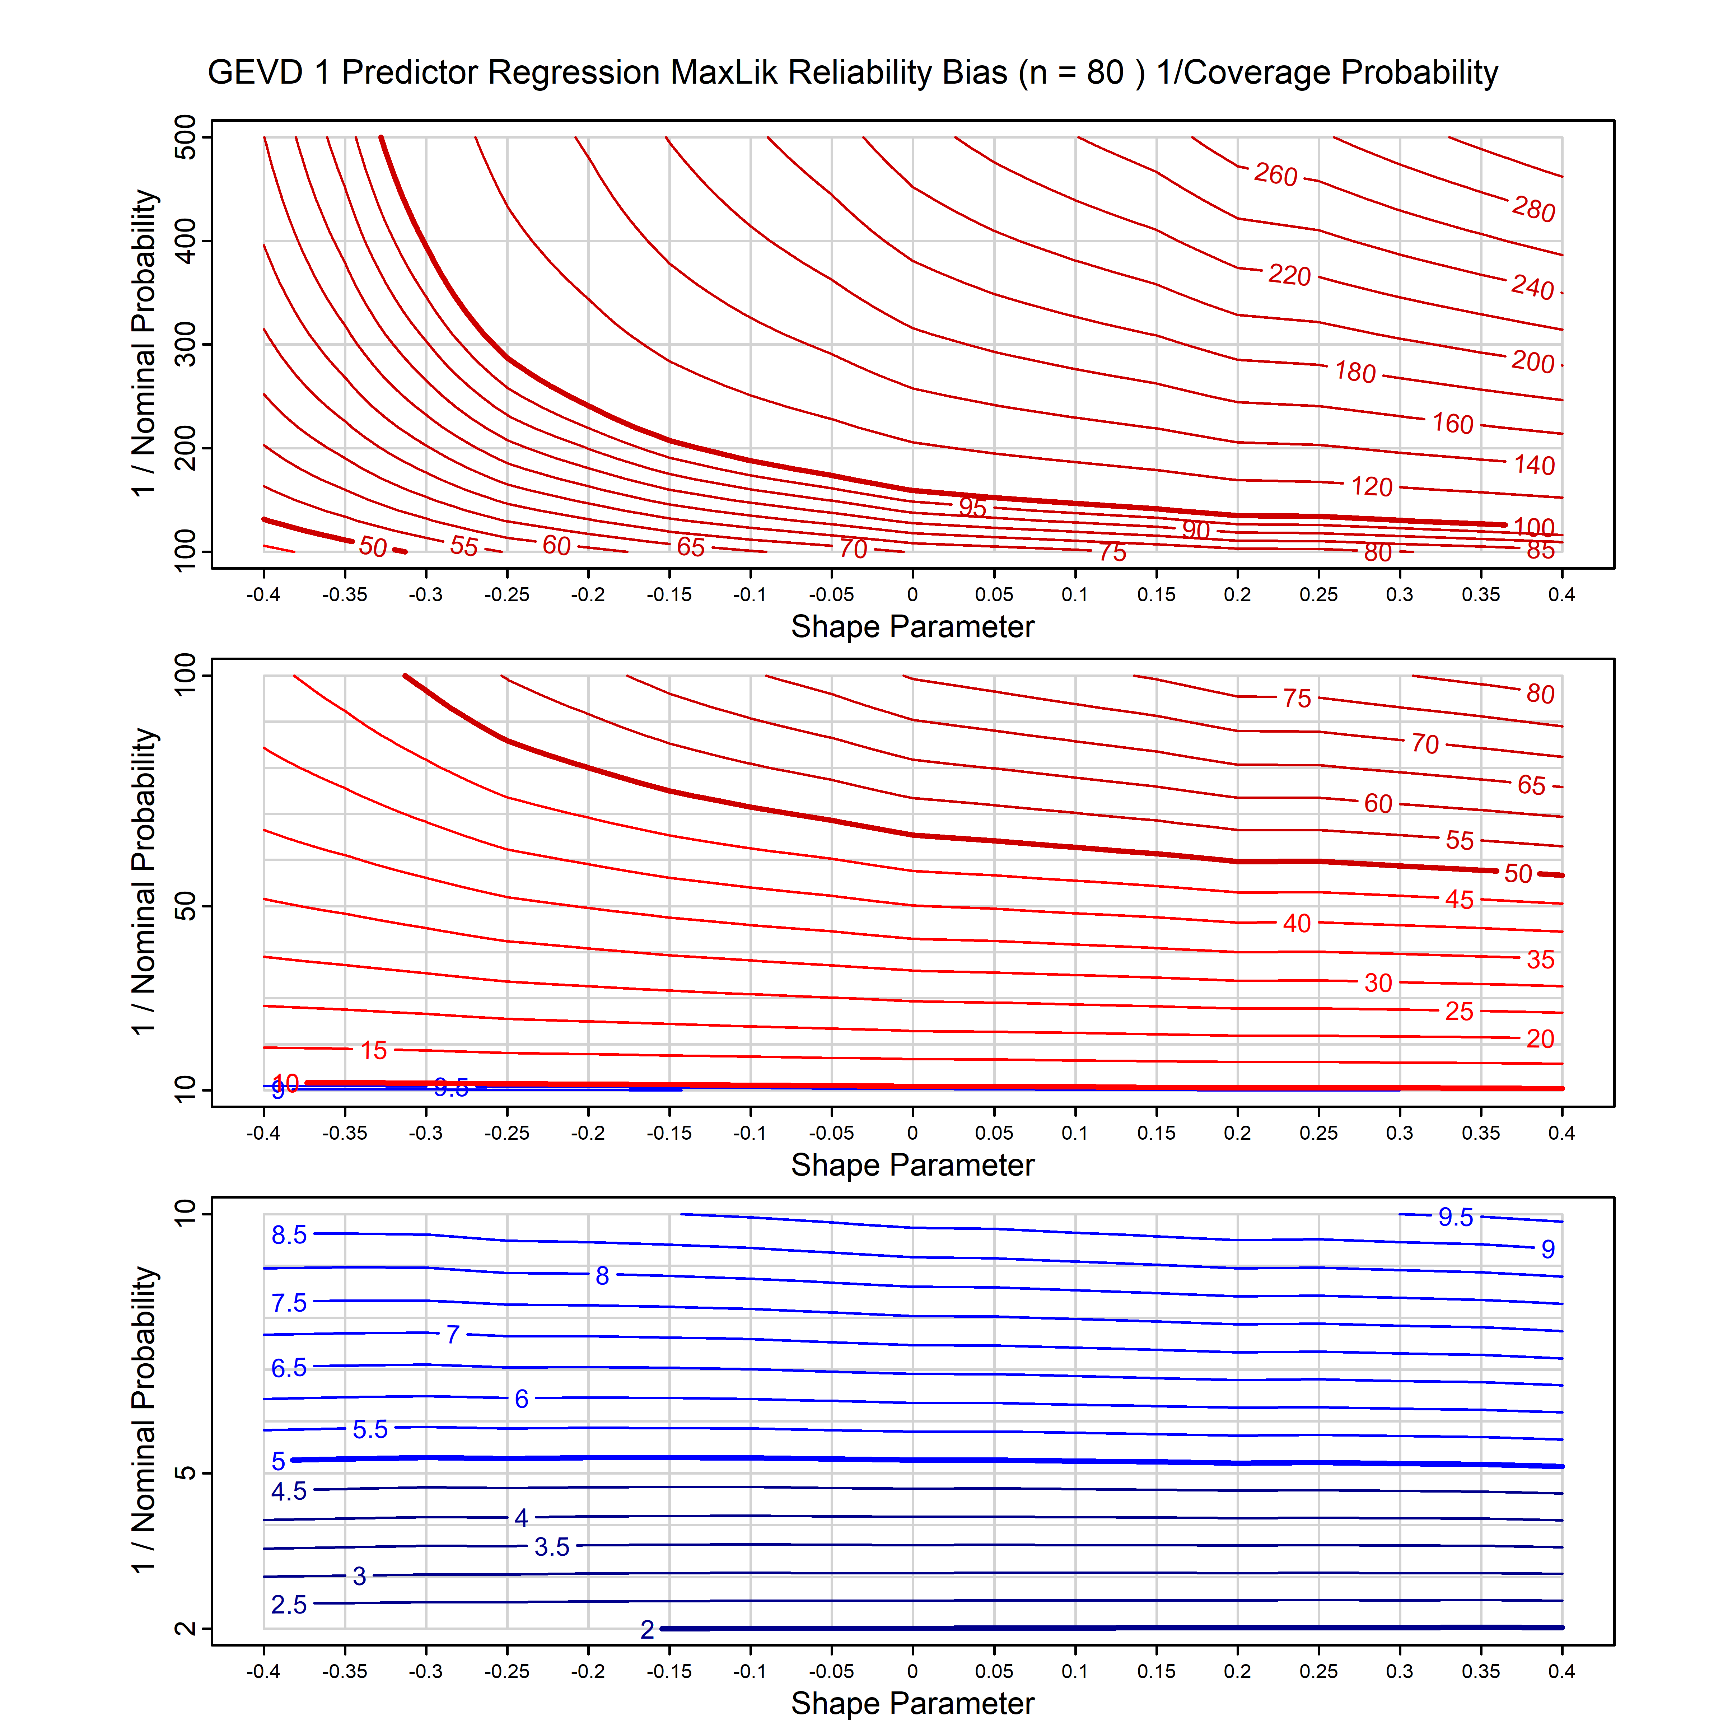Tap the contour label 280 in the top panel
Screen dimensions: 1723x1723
(1533, 210)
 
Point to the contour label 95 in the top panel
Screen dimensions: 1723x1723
(972, 508)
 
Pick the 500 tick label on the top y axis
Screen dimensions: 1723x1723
(186, 137)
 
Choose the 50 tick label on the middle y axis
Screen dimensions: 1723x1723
(186, 907)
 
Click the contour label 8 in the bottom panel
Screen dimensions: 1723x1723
(603, 1276)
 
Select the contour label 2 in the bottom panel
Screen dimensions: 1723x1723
(648, 1629)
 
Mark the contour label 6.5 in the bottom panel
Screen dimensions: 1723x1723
(289, 1368)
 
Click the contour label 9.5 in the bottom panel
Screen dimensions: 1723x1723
(1456, 1217)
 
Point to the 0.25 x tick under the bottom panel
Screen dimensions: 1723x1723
(1318, 1671)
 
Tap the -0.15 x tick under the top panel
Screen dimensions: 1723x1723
(669, 595)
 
